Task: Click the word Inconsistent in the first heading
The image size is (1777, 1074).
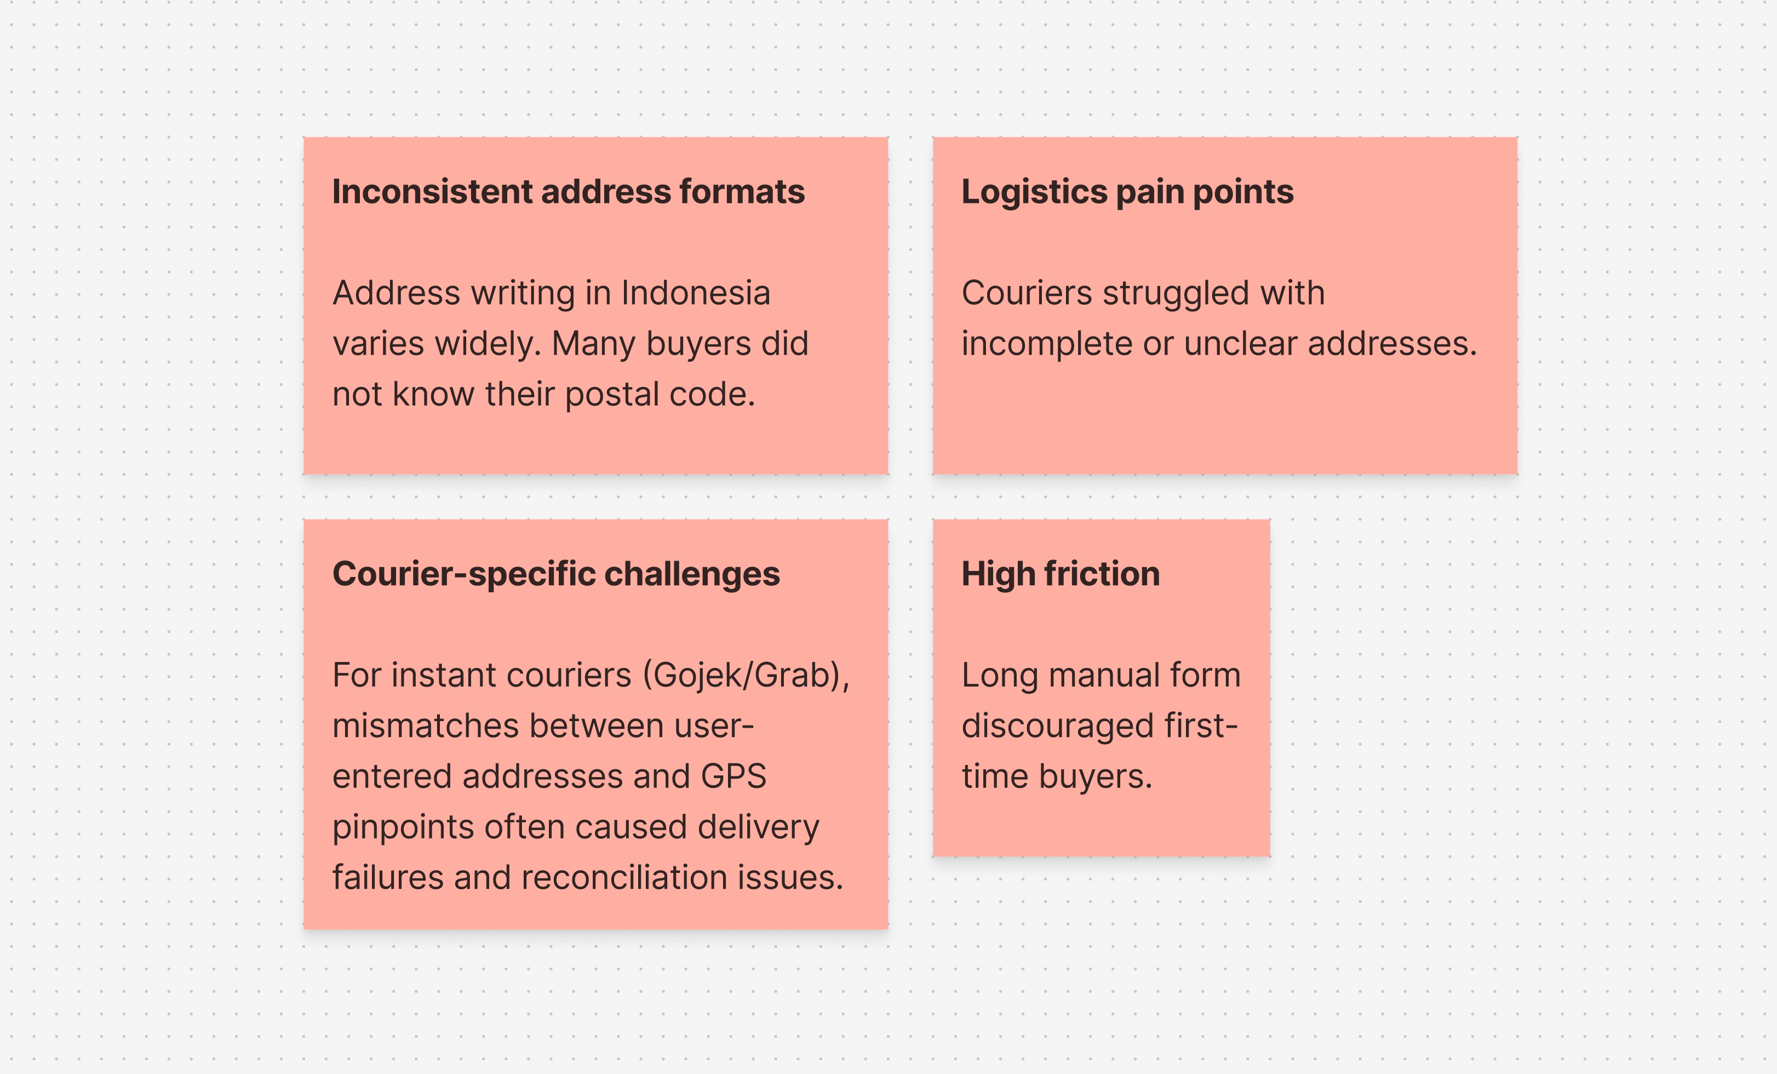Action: [432, 192]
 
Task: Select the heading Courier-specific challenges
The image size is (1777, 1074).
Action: [556, 575]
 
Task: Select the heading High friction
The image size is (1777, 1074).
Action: [1061, 575]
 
